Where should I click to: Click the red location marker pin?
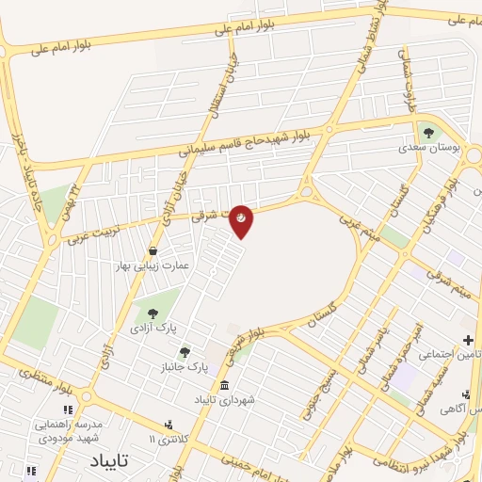(x=242, y=219)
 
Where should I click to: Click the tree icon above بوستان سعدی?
(x=430, y=132)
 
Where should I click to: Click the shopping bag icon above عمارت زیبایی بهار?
(x=153, y=251)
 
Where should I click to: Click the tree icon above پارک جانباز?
(x=184, y=352)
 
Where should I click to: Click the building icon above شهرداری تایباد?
(x=224, y=385)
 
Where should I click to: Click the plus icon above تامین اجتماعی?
(x=468, y=340)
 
